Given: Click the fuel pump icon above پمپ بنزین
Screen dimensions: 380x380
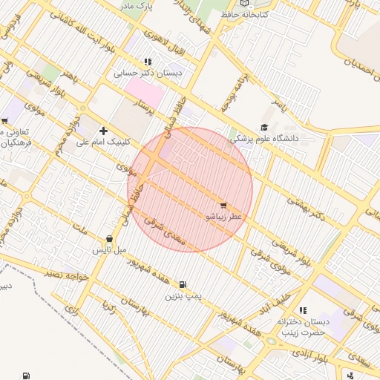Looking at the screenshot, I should (x=183, y=284).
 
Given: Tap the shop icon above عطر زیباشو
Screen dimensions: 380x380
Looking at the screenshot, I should (x=223, y=204).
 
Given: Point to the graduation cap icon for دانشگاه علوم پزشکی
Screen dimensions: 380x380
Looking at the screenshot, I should (x=265, y=128).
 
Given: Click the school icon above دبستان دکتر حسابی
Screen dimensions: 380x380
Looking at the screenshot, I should (x=148, y=62).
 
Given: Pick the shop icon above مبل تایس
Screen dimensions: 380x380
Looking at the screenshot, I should (x=110, y=239).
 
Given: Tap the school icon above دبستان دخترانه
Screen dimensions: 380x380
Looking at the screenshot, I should (x=302, y=310).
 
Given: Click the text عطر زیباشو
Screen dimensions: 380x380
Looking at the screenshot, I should (x=224, y=217).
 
